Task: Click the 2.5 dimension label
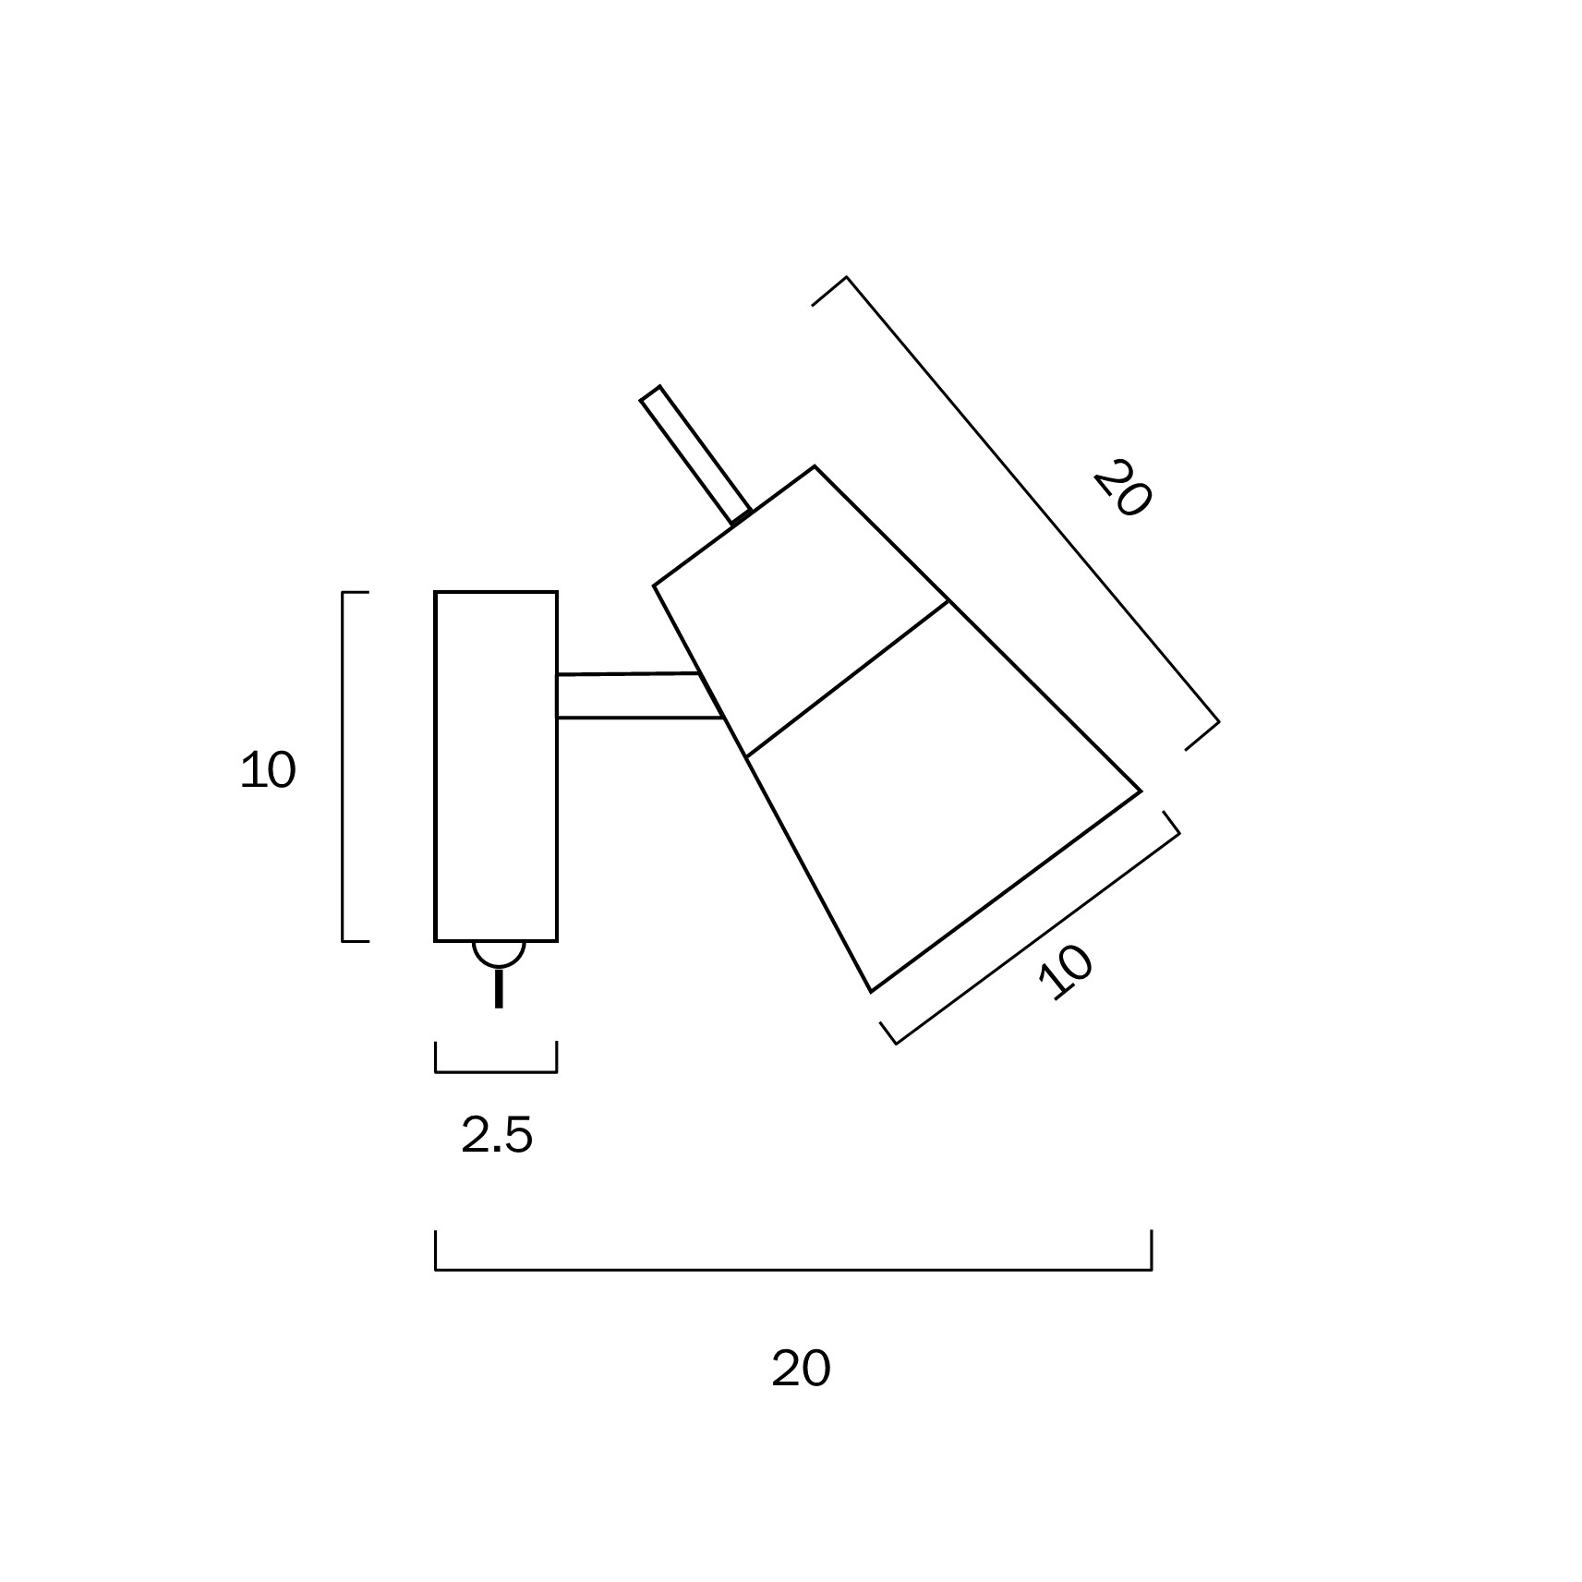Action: click(497, 1135)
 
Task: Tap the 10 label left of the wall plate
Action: click(268, 769)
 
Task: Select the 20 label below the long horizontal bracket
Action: click(801, 1369)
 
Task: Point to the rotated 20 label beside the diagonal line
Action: click(1122, 488)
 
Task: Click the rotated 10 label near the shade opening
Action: click(1067, 972)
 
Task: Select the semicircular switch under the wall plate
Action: click(499, 953)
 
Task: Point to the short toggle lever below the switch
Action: click(499, 987)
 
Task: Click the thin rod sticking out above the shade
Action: click(695, 455)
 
